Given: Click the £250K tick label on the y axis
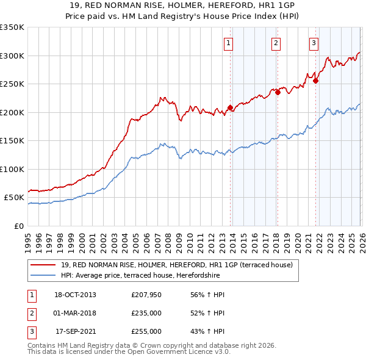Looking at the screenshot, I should click(12, 84).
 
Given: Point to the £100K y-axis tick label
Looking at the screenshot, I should click(12, 169).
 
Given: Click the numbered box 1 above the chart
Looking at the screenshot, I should click(228, 43).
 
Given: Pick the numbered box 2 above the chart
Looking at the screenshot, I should click(276, 43).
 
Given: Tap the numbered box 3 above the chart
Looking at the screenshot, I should click(314, 43).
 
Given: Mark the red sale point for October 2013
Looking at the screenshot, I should click(230, 108).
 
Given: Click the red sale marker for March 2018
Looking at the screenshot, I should click(277, 93).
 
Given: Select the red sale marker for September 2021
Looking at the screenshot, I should click(315, 81).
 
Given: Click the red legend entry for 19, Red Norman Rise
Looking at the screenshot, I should click(177, 265).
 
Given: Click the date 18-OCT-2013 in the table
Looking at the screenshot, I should click(75, 295).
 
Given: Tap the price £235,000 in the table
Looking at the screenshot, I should click(146, 313).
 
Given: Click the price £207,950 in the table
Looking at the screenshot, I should click(146, 295).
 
